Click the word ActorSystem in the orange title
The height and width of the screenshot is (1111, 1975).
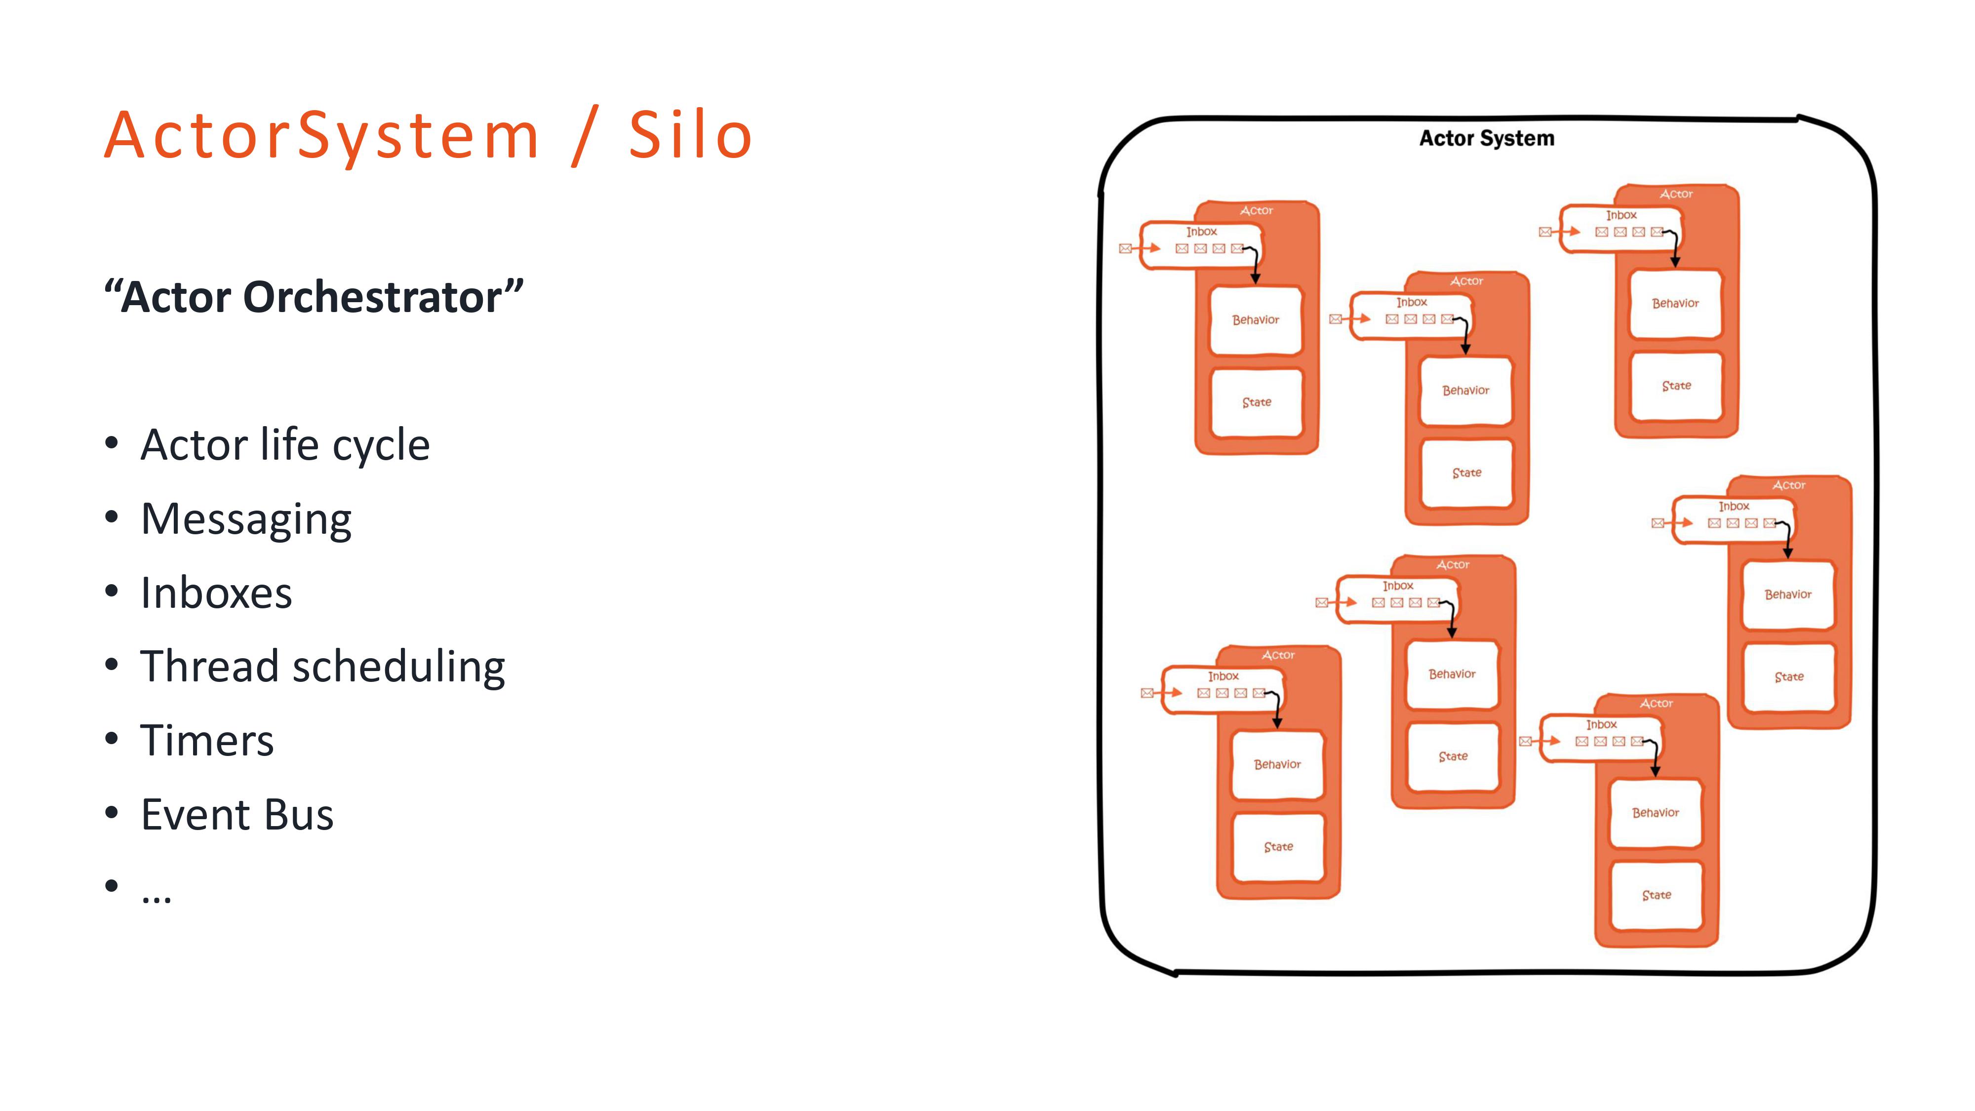322,136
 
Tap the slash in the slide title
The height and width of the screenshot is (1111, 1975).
585,136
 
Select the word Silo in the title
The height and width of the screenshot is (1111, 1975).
690,136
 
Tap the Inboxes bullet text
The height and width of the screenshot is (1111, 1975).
216,593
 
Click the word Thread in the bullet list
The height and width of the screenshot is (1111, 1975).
209,666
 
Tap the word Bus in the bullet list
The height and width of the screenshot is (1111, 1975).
299,814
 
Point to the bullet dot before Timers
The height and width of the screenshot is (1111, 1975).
112,738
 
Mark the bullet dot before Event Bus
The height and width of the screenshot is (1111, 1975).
112,812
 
